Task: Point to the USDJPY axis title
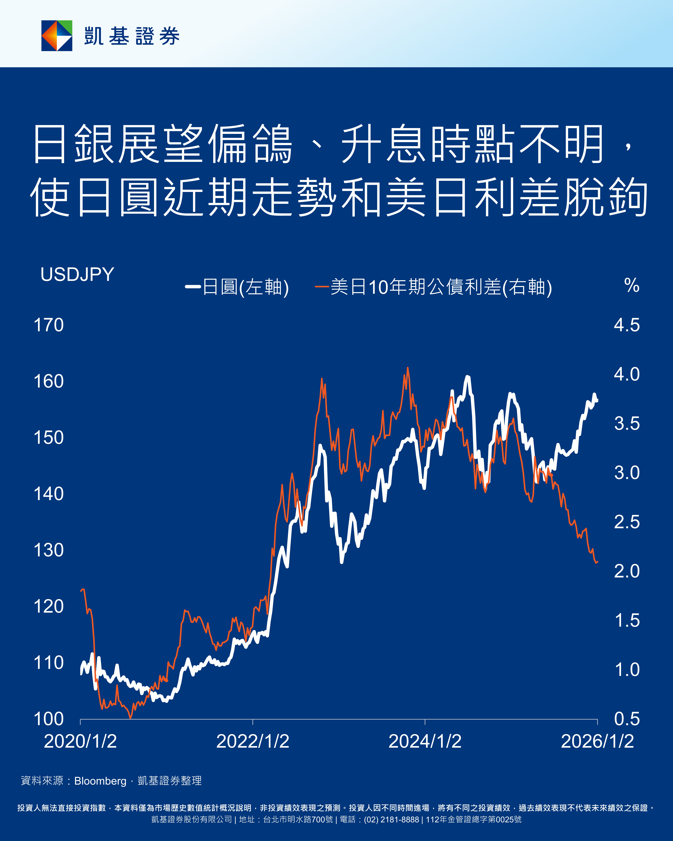coord(77,275)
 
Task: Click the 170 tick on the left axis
coord(49,325)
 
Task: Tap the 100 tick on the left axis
coord(49,719)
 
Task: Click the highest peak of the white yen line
coord(467,377)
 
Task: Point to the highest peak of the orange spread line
coord(408,368)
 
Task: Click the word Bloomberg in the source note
coord(100,781)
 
